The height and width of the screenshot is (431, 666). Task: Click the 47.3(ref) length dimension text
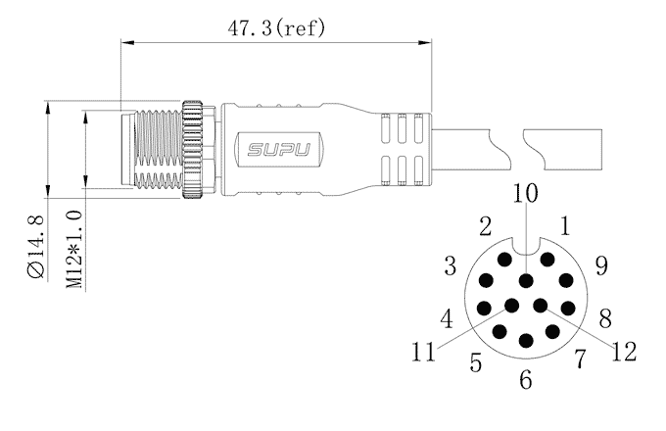(276, 28)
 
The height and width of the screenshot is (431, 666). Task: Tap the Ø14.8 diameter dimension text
(35, 247)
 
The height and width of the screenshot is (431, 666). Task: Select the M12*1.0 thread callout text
(73, 249)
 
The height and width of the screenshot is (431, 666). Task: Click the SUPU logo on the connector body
(278, 150)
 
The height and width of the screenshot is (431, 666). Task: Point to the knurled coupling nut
(192, 150)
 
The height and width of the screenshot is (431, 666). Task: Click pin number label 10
(525, 193)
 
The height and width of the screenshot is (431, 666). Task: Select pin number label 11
(423, 352)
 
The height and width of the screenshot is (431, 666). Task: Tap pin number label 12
(624, 352)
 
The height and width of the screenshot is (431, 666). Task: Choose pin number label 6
(526, 379)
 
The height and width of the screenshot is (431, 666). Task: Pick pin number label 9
(601, 265)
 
